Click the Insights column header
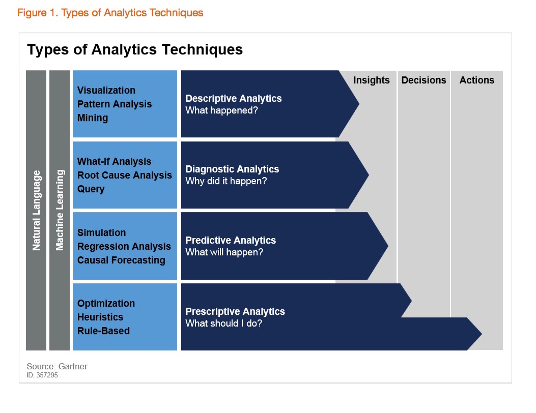click(x=371, y=80)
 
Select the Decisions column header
click(x=424, y=80)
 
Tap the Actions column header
click(x=476, y=80)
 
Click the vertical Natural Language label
click(x=36, y=210)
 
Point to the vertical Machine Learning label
click(x=60, y=210)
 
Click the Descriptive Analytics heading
click(x=233, y=98)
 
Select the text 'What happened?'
click(x=221, y=110)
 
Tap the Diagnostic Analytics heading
click(x=232, y=169)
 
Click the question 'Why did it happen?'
click(x=226, y=181)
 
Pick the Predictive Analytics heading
click(x=231, y=240)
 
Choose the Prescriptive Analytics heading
click(x=235, y=311)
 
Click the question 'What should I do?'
click(x=223, y=323)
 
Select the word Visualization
click(x=106, y=91)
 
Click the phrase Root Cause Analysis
click(x=125, y=175)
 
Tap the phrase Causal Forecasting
click(x=121, y=260)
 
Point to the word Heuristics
click(x=100, y=317)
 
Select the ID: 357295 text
click(x=43, y=375)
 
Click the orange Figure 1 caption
click(x=110, y=13)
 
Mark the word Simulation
click(x=101, y=233)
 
